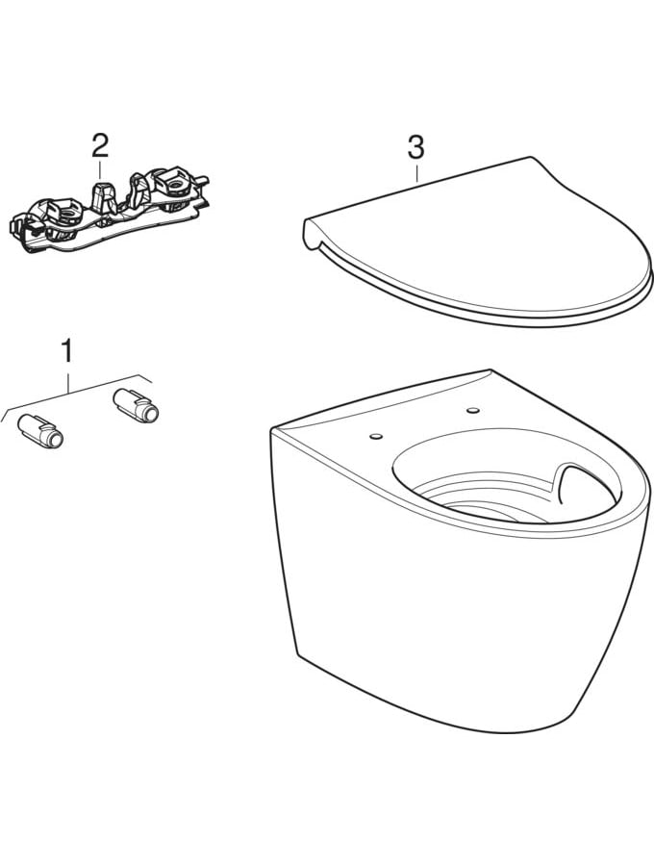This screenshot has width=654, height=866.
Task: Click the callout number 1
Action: pyautogui.click(x=66, y=351)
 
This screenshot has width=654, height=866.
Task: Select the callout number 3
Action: pyautogui.click(x=415, y=147)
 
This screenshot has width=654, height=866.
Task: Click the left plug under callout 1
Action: pyautogui.click(x=40, y=431)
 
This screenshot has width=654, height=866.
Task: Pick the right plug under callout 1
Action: pyautogui.click(x=136, y=405)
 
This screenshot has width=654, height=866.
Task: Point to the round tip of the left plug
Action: pyautogui.click(x=55, y=439)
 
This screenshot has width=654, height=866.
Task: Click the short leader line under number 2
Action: pyautogui.click(x=99, y=169)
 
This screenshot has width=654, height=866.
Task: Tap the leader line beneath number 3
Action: pyautogui.click(x=416, y=171)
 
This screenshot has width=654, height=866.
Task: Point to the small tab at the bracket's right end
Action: pyautogui.click(x=203, y=180)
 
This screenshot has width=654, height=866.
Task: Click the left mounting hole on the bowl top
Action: pyautogui.click(x=376, y=436)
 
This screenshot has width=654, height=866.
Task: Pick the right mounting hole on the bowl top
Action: pyautogui.click(x=472, y=410)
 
